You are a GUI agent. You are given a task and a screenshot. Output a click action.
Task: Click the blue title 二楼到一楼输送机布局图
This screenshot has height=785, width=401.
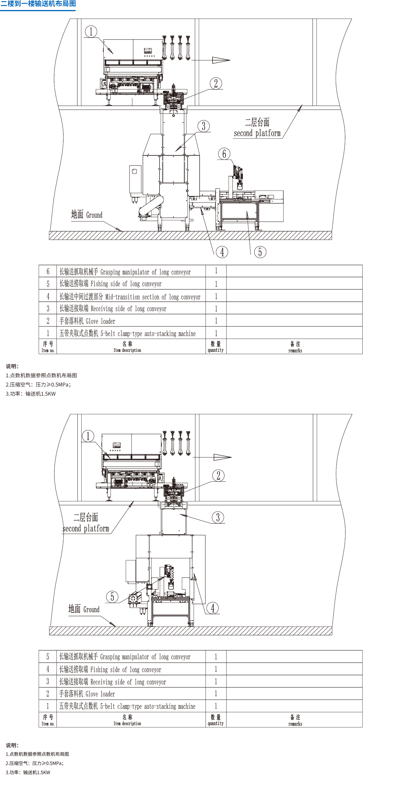(x=38, y=4)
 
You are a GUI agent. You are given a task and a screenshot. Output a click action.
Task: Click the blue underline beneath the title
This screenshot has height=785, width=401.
(x=38, y=10)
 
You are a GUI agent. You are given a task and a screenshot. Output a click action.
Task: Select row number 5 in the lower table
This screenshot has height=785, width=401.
(x=48, y=657)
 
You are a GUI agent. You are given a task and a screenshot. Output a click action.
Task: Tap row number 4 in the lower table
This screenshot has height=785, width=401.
(x=48, y=669)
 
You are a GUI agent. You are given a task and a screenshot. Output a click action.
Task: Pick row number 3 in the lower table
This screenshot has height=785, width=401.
(x=48, y=681)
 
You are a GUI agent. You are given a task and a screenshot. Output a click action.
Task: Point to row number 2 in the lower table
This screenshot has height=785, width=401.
(x=48, y=694)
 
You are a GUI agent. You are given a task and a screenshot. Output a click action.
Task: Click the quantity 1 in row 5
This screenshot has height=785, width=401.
(x=216, y=657)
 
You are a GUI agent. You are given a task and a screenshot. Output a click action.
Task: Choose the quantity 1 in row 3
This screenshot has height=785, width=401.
(x=216, y=681)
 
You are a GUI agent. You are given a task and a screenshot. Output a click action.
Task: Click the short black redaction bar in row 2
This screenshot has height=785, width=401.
(x=87, y=693)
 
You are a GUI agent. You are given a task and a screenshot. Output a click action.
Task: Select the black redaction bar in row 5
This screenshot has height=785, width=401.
(x=125, y=656)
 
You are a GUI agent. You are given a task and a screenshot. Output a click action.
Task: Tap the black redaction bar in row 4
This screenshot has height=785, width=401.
(x=110, y=669)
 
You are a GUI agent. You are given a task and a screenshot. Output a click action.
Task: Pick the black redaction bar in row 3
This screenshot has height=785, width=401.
(x=113, y=681)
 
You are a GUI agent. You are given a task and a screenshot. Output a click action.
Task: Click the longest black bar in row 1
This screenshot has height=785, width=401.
(x=127, y=705)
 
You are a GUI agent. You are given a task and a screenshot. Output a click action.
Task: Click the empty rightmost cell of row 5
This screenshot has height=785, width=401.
(x=294, y=657)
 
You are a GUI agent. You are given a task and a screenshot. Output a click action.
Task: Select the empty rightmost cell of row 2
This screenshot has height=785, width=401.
(x=294, y=694)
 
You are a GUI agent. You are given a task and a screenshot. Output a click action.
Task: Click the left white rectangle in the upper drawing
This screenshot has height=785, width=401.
(x=115, y=161)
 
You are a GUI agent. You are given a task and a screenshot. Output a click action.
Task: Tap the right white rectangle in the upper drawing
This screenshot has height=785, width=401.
(x=317, y=161)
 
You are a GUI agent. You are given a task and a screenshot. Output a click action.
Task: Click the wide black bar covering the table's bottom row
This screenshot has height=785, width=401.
(x=172, y=720)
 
